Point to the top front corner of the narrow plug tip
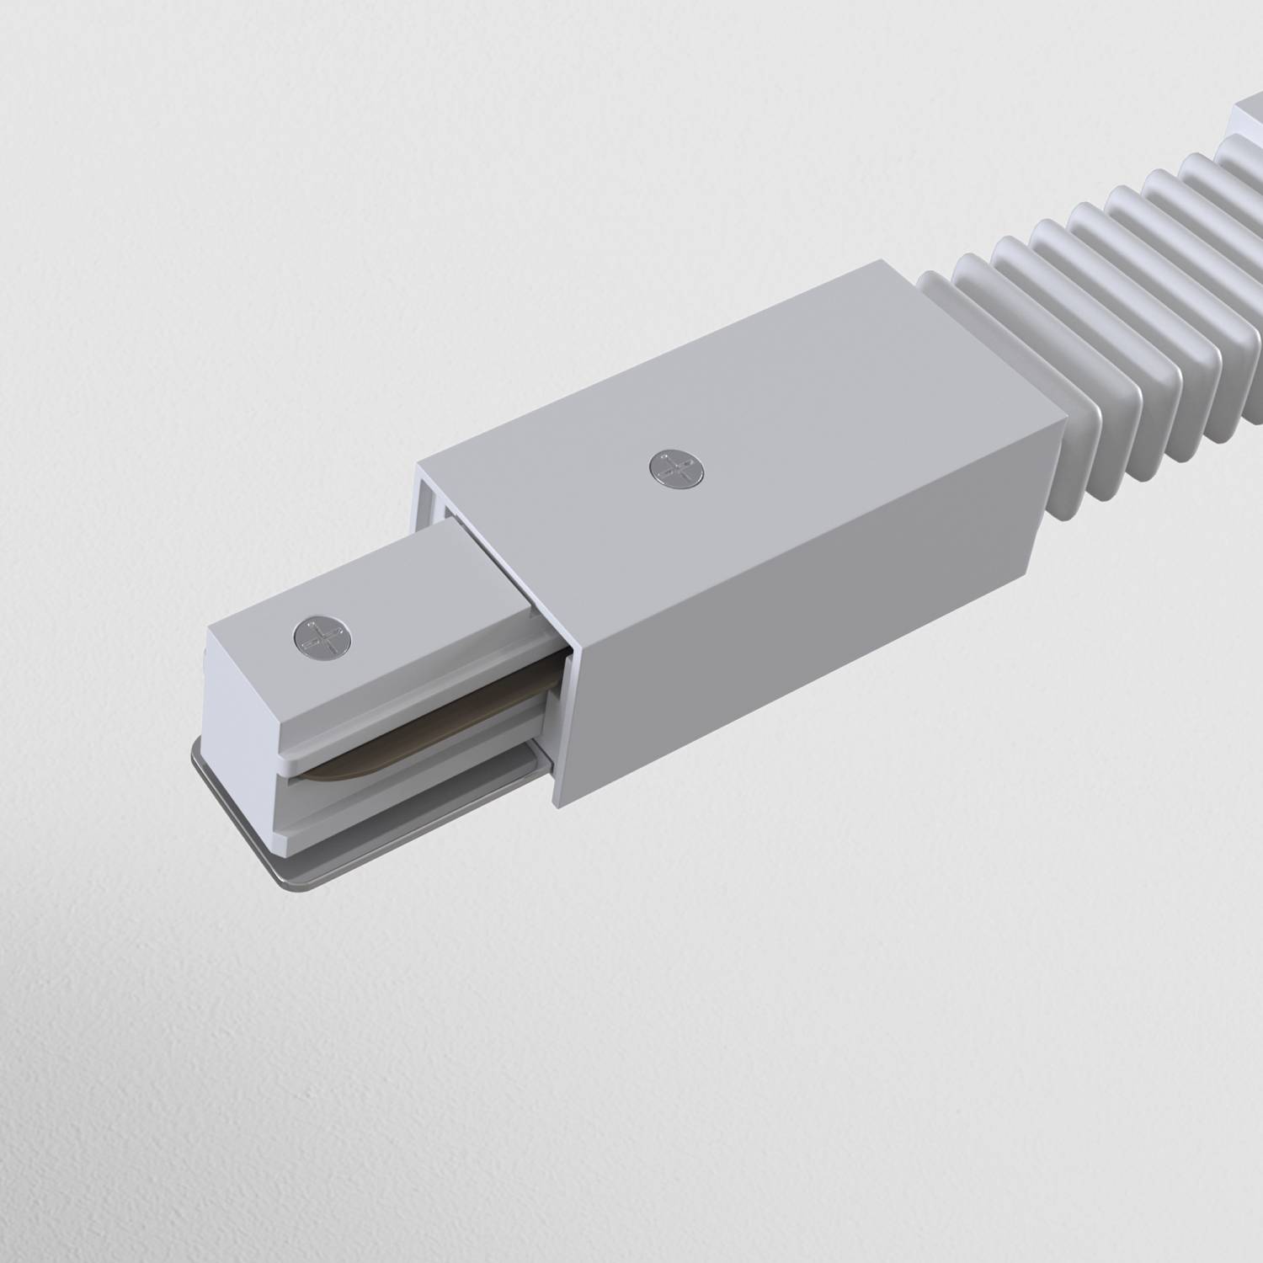pyautogui.click(x=208, y=626)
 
